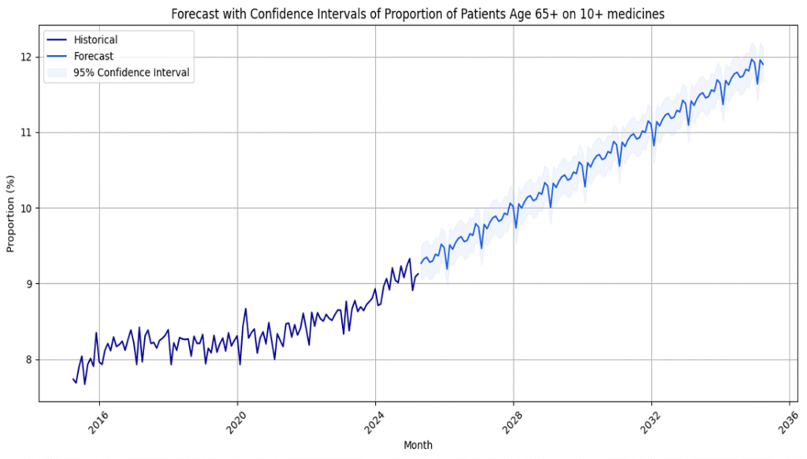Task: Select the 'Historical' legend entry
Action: pos(95,39)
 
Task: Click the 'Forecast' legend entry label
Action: pos(93,56)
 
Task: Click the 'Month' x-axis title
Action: pos(418,446)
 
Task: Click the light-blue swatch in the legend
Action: pos(57,73)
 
